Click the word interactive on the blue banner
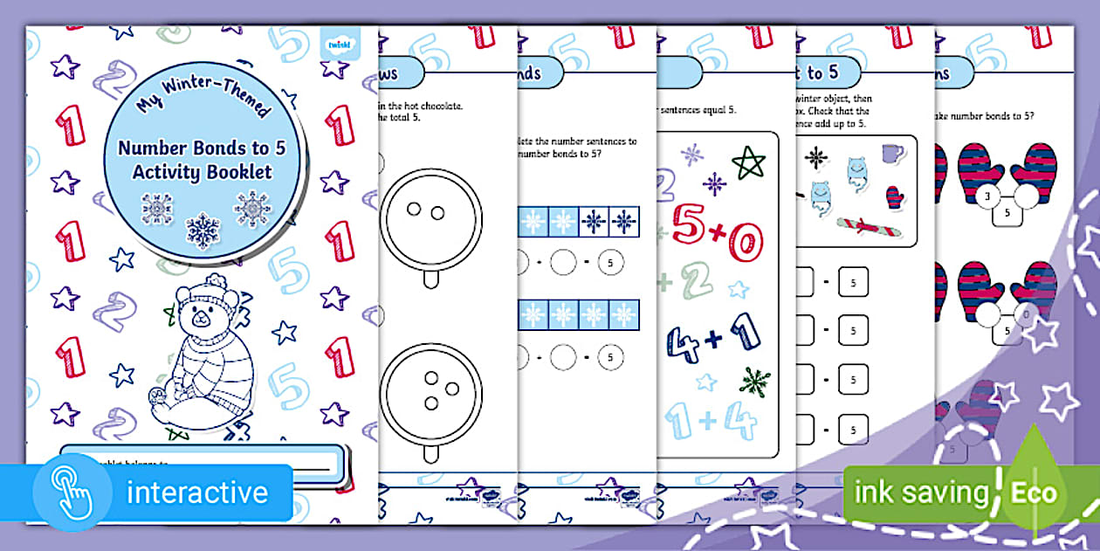[x=197, y=492]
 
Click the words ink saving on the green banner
[x=923, y=493]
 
